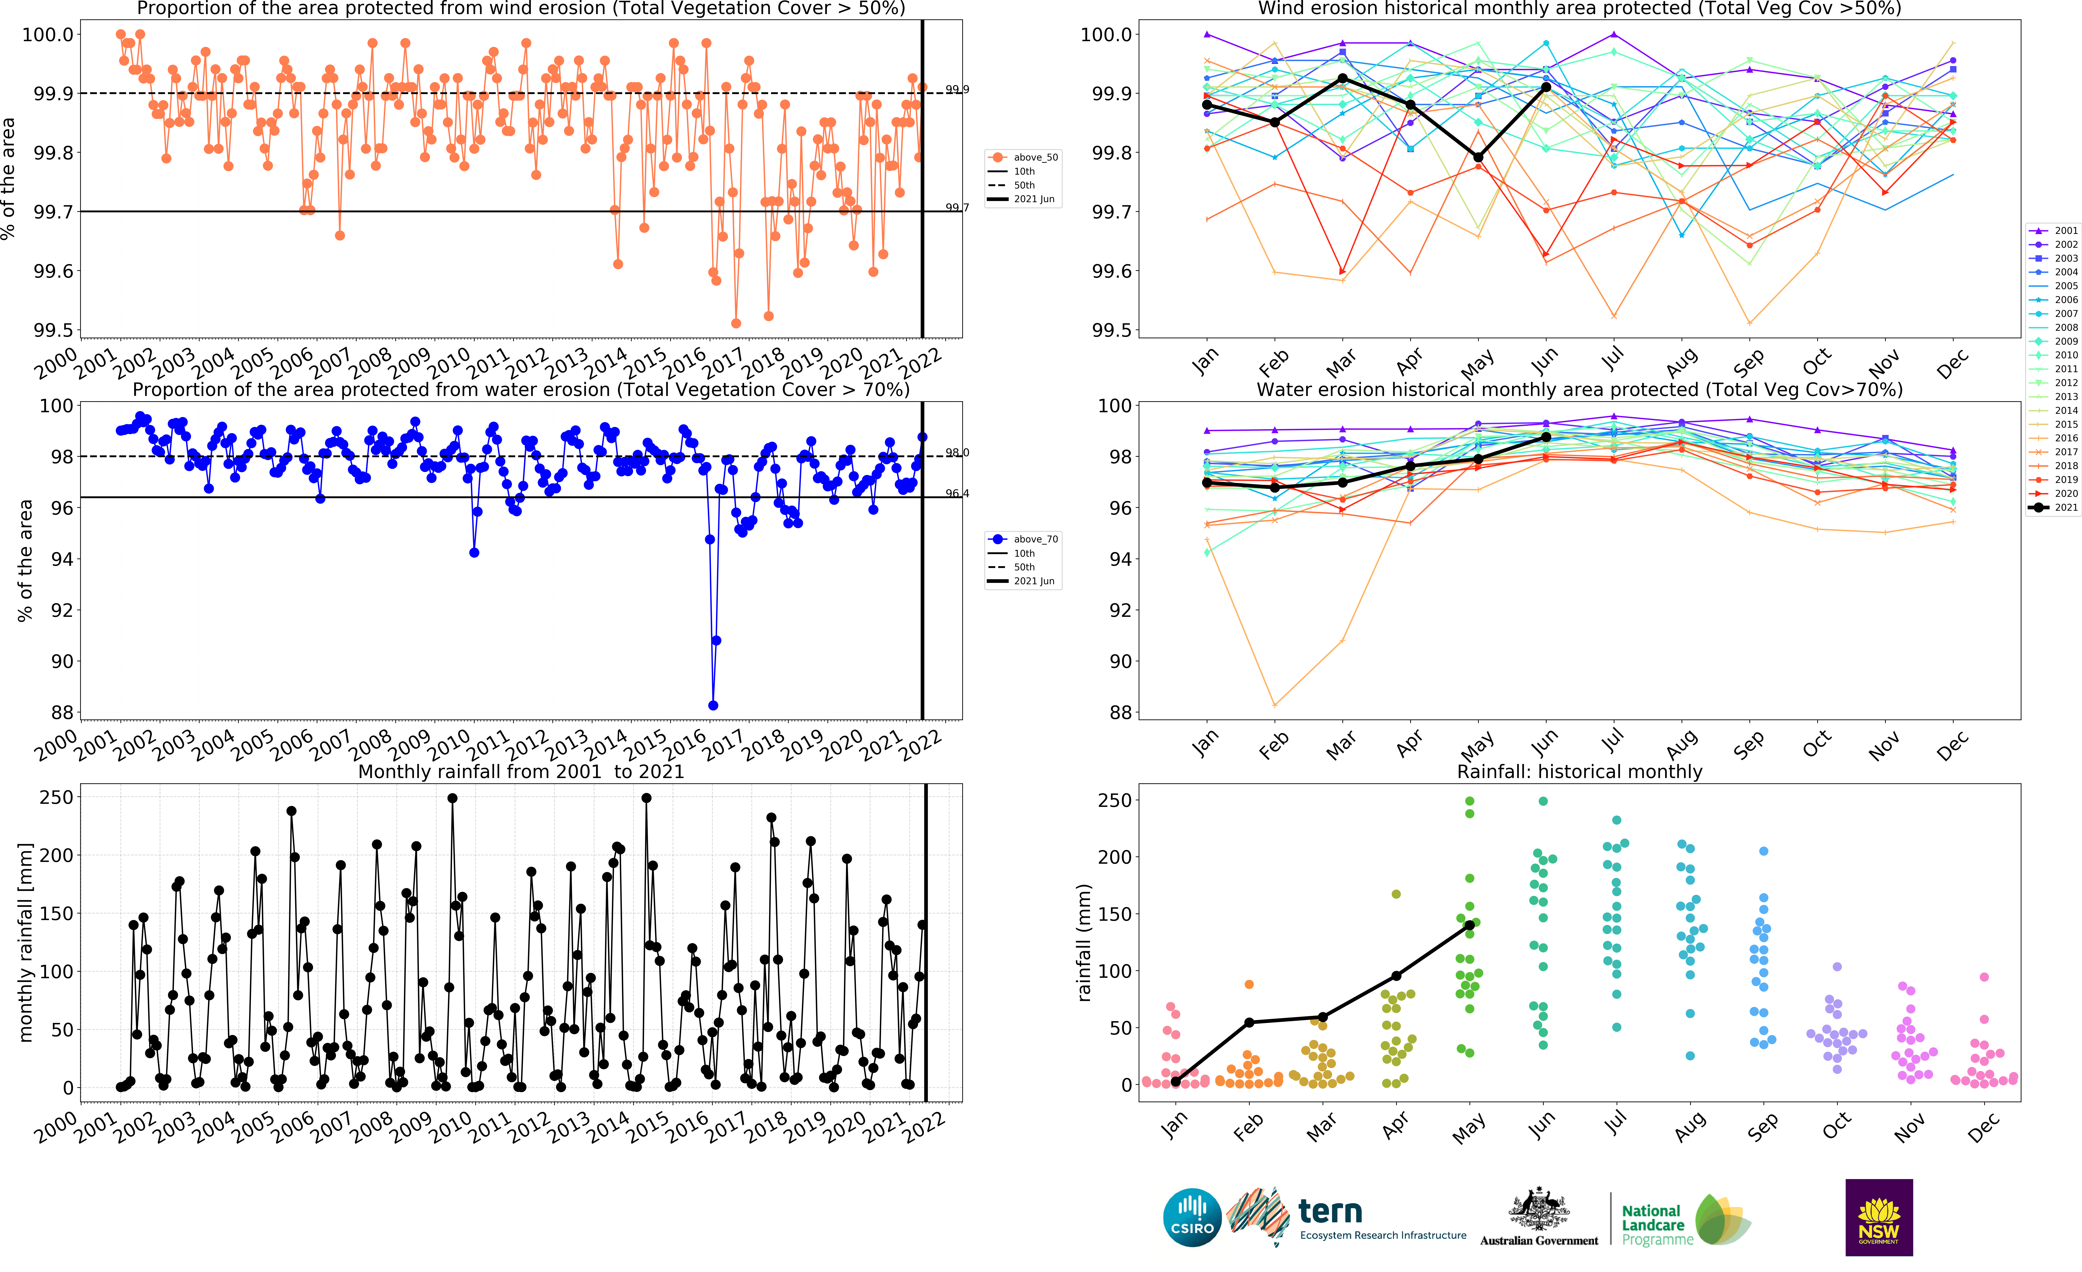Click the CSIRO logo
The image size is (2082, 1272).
1192,1218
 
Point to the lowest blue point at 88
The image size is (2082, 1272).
713,705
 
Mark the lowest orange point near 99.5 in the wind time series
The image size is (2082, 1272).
736,324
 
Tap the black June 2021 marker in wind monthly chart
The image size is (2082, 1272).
1545,87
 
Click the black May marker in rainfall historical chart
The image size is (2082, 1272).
1469,926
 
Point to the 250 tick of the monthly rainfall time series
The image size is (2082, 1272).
57,797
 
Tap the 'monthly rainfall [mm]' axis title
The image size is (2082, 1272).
25,942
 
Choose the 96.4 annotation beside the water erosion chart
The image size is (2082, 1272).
957,493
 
